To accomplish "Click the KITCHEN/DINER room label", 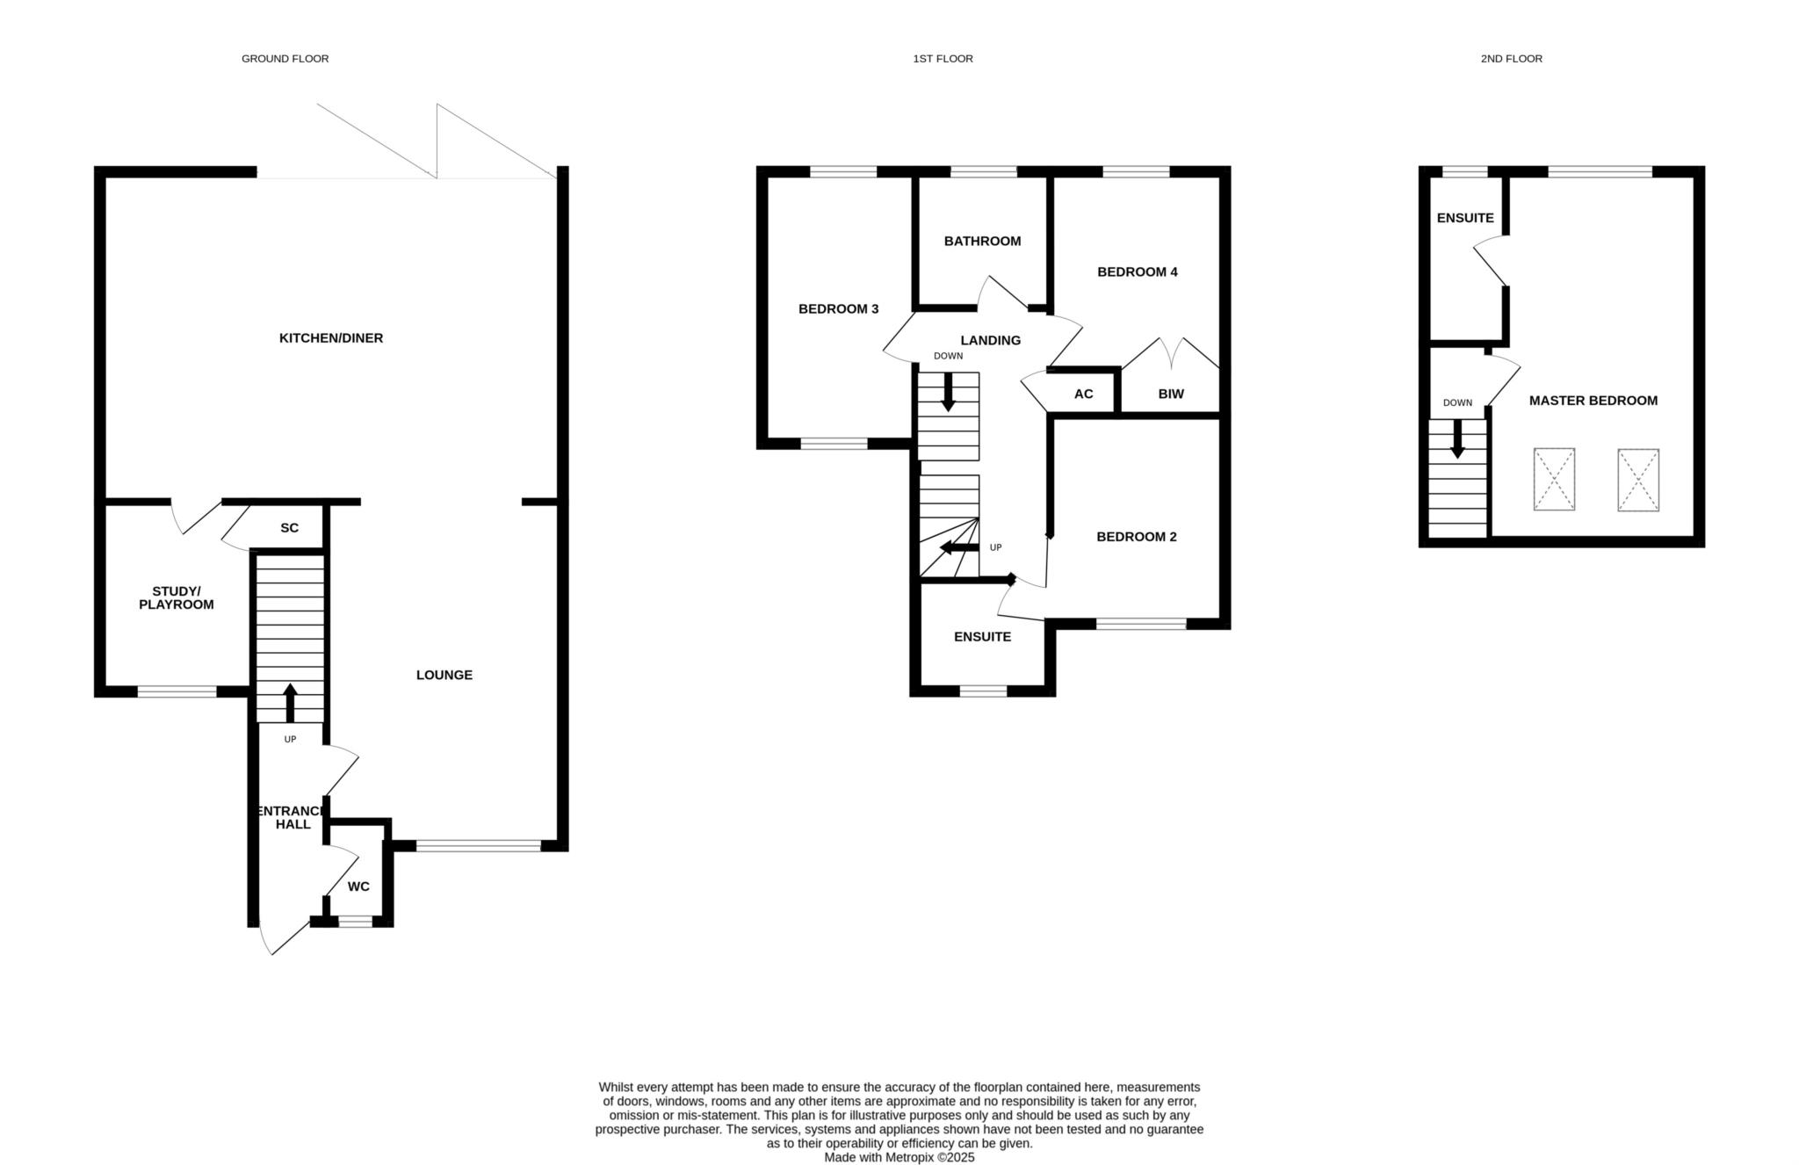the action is tap(331, 338).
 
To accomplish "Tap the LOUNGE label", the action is tap(444, 675).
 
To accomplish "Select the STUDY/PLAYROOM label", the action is tap(177, 597).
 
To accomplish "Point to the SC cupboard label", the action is tap(290, 528).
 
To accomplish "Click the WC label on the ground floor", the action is tap(358, 886).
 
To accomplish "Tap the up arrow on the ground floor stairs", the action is tap(290, 703).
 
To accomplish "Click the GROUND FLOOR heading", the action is tap(285, 59).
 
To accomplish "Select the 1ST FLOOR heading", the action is tap(943, 59).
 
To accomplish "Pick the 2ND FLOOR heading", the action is tap(1512, 59).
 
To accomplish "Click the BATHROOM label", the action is tap(983, 241).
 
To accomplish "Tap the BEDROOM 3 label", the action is tap(839, 309).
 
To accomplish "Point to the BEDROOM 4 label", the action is tap(1138, 272).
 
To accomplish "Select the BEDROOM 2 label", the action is tap(1137, 537).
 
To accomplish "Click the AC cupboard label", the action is tap(1084, 394).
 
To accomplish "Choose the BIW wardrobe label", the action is tap(1171, 394).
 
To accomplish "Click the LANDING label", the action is tap(991, 340).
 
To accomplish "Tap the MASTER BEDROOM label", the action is tap(1593, 401).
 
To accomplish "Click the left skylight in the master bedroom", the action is tap(1554, 479).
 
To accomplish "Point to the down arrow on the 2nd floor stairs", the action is tap(1457, 438).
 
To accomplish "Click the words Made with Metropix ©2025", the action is tap(899, 1158).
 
